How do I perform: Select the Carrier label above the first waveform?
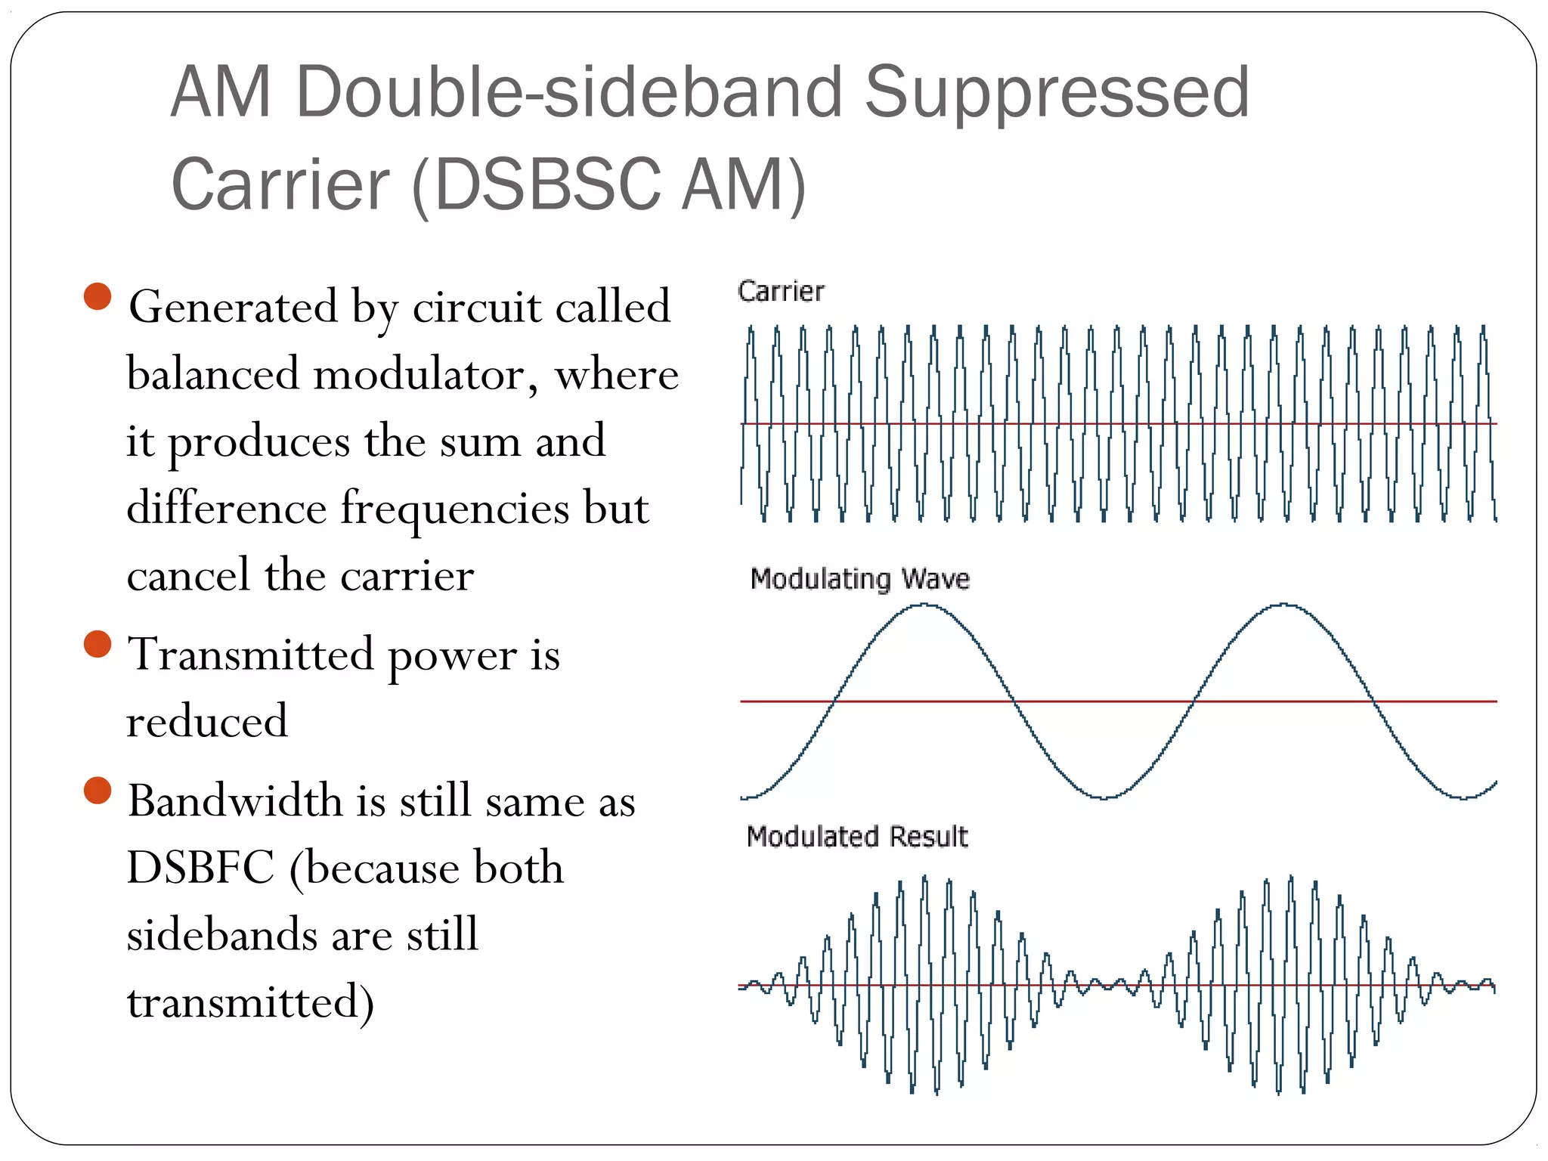point(780,292)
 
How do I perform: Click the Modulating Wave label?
point(859,579)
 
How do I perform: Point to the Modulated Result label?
point(856,837)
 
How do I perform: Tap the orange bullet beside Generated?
point(98,296)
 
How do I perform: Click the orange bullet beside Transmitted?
point(98,644)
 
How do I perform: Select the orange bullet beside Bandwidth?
point(98,790)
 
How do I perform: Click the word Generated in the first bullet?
point(233,307)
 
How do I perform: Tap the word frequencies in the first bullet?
point(454,508)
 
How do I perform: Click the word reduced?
point(207,721)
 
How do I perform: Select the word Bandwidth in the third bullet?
point(235,801)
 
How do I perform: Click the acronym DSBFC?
point(200,868)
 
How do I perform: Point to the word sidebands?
point(221,935)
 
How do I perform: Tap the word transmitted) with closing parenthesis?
point(250,1003)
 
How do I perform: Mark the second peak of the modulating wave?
point(1284,605)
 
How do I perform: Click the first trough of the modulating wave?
point(1104,797)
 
